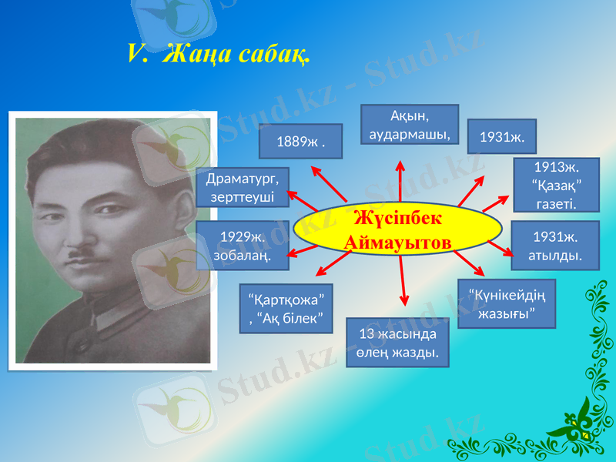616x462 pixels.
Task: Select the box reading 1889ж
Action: pos(300,141)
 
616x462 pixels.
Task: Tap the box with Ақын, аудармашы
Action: pos(410,125)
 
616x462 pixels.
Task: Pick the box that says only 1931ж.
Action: pos(501,137)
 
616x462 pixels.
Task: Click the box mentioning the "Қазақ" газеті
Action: pos(556,186)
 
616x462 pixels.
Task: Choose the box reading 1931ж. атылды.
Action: pos(556,244)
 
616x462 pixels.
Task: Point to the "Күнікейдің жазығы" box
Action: pos(506,304)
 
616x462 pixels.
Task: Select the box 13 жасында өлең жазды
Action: pos(397,343)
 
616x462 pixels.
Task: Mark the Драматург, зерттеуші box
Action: pos(243,188)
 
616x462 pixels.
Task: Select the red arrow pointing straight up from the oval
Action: pos(400,181)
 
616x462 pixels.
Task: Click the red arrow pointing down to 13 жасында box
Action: pos(402,281)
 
